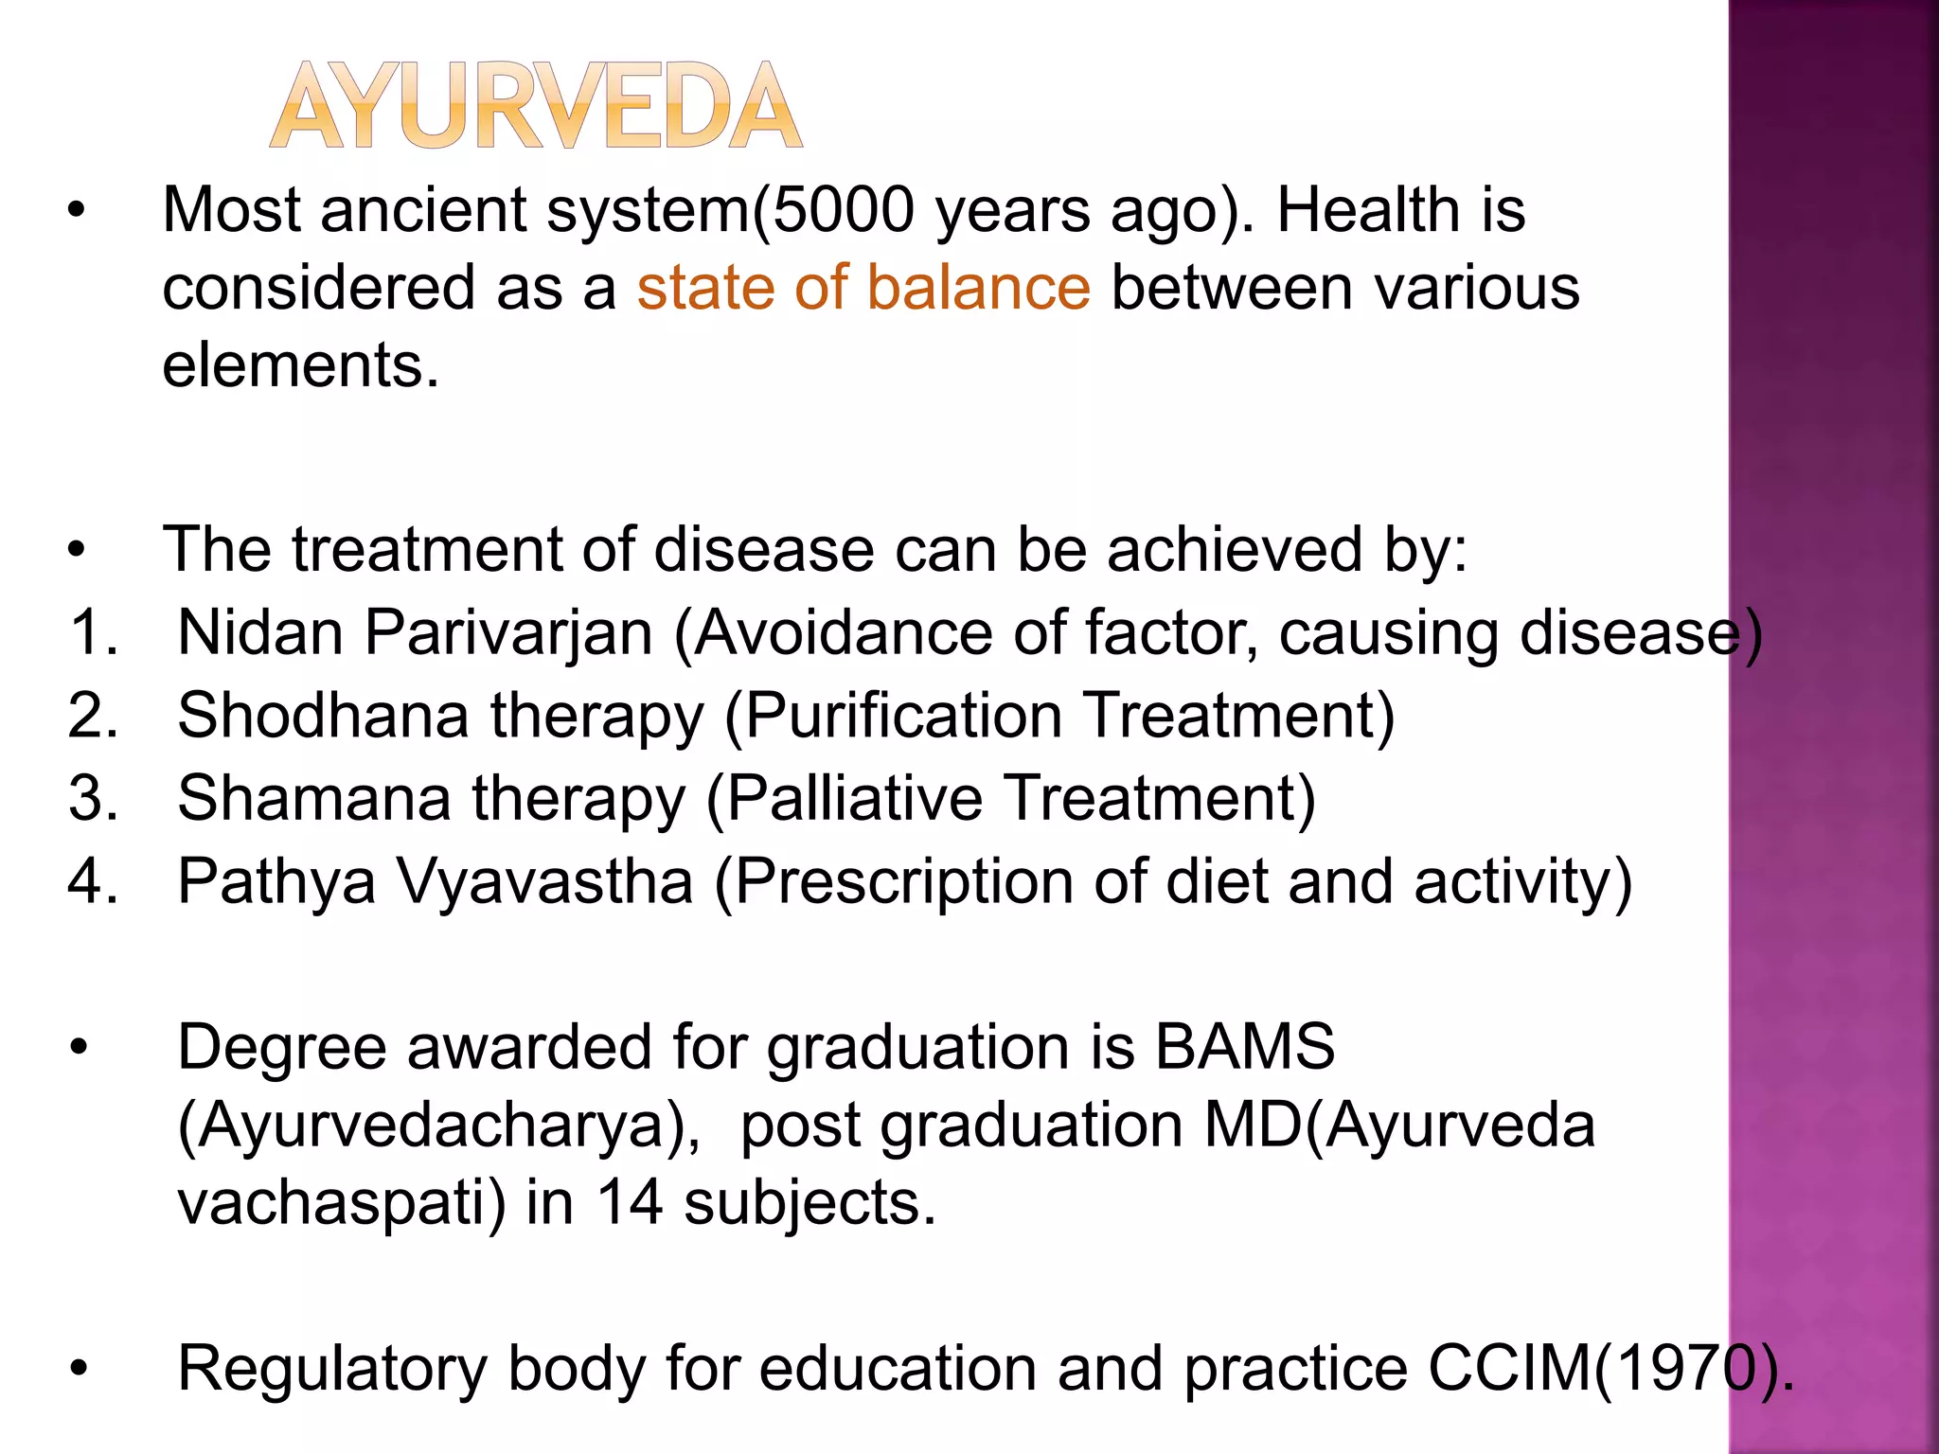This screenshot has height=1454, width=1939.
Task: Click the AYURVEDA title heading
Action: [536, 106]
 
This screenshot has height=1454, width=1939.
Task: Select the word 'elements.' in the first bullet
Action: [301, 366]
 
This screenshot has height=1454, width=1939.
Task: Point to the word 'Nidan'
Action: [260, 632]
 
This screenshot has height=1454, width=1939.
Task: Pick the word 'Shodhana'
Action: [323, 715]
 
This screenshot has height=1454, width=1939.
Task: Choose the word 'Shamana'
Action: [313, 798]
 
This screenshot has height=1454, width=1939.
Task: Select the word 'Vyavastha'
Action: [544, 881]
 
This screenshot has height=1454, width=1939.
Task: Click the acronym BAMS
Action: [1244, 1047]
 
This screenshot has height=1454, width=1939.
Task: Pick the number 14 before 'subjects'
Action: [629, 1203]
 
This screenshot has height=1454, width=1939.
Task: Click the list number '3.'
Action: [93, 798]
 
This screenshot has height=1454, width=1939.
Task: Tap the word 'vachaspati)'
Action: [342, 1203]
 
